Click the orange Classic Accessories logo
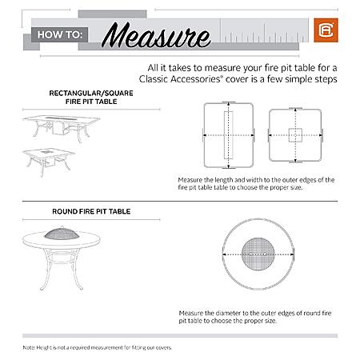tap(326, 30)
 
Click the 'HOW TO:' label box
tap(60, 34)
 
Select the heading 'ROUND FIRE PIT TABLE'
tap(91, 211)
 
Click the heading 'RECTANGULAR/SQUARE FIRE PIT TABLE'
tap(91, 98)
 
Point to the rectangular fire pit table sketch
tap(62, 129)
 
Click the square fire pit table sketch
tap(49, 162)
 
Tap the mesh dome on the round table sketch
tap(62, 233)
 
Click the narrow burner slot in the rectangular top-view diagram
tap(228, 135)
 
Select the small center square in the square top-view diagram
tap(295, 135)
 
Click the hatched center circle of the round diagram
tap(258, 254)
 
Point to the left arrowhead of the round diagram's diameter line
tap(225, 254)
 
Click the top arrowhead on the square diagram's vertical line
tap(295, 110)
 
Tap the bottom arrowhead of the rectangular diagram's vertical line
tap(228, 166)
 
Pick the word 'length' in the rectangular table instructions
tap(224, 180)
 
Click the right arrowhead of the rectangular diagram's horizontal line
tap(252, 135)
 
